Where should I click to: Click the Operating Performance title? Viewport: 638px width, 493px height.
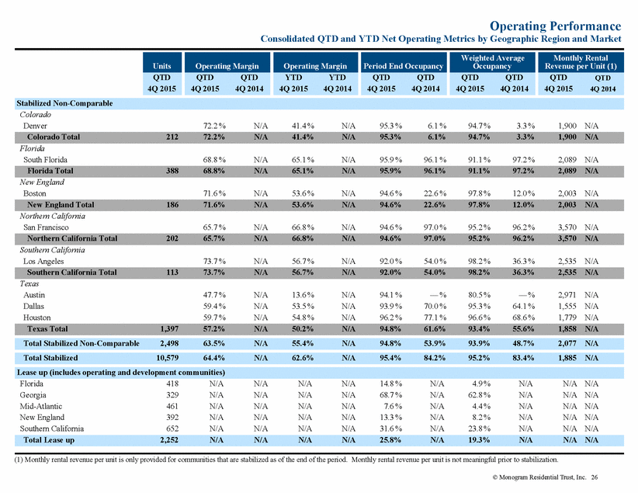pos(556,26)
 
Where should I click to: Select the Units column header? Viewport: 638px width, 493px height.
pos(162,66)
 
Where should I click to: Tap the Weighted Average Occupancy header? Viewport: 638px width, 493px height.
pos(492,62)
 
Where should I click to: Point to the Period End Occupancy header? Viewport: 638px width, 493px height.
pos(404,66)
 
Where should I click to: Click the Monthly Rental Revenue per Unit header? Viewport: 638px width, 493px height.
pos(581,62)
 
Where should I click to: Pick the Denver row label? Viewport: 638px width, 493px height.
pos(35,126)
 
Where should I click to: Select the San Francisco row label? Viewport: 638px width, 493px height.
pos(46,227)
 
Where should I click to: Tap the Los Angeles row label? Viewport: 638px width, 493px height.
pos(43,262)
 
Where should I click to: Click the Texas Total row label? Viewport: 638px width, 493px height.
pos(47,328)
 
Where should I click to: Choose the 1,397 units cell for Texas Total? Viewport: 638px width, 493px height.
pos(169,328)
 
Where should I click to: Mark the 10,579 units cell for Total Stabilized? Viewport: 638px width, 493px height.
pos(167,358)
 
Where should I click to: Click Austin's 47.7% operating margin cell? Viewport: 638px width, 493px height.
pos(214,295)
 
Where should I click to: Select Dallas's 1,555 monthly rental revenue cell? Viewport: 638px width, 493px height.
pos(567,306)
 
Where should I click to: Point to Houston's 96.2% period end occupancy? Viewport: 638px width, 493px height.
pos(391,318)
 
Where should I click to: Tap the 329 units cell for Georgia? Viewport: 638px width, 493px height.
pos(172,395)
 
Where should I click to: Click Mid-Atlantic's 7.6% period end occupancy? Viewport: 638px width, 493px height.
pos(393,406)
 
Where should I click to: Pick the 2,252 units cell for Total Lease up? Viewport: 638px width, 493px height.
pos(169,440)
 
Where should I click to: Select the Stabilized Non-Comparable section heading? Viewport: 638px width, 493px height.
pos(64,103)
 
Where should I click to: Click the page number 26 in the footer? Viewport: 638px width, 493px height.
pos(595,477)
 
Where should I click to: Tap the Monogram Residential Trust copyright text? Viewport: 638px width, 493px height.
pos(539,477)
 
